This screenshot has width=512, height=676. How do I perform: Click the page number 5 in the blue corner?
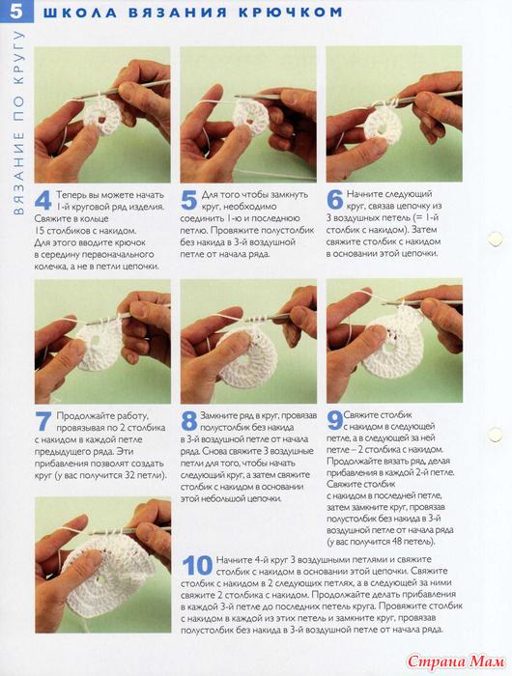click(x=16, y=12)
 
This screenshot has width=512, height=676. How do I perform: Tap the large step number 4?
click(x=43, y=201)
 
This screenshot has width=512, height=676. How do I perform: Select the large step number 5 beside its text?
click(x=189, y=201)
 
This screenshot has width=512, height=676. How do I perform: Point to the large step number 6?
click(x=334, y=200)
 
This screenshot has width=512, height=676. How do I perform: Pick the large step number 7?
click(x=43, y=422)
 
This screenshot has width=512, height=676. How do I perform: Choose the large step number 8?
click(x=189, y=421)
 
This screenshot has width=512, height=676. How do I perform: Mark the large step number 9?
click(x=334, y=421)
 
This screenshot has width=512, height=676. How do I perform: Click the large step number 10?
click(x=197, y=565)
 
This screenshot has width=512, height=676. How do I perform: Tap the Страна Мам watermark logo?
click(x=456, y=661)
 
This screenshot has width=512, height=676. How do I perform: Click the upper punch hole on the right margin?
click(x=495, y=239)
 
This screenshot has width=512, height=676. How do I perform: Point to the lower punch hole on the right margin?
click(x=495, y=435)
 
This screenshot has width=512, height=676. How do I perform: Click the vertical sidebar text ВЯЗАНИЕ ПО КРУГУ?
click(x=17, y=123)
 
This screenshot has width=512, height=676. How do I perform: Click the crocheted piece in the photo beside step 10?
click(x=107, y=576)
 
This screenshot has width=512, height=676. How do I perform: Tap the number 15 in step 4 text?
click(x=39, y=231)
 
